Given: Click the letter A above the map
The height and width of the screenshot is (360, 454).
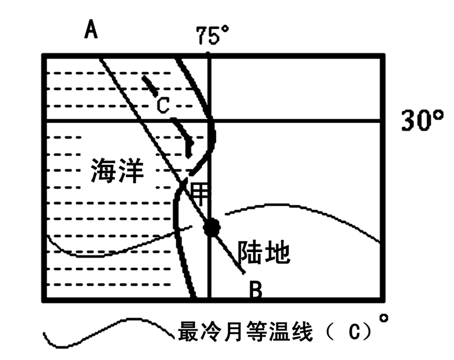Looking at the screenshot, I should [91, 29].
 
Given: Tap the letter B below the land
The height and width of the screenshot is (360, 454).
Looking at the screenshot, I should [255, 290].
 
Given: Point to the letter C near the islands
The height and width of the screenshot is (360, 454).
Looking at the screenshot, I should [162, 105].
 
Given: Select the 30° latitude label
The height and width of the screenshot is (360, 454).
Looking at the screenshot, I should [423, 121].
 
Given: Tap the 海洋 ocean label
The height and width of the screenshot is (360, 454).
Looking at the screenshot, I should [117, 172].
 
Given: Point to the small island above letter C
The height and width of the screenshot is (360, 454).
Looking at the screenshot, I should [149, 84].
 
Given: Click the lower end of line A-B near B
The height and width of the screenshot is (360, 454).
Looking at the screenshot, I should [243, 272].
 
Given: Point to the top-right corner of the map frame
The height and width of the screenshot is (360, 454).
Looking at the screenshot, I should [384, 55].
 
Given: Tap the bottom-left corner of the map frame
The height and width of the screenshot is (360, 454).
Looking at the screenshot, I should [44, 300].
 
